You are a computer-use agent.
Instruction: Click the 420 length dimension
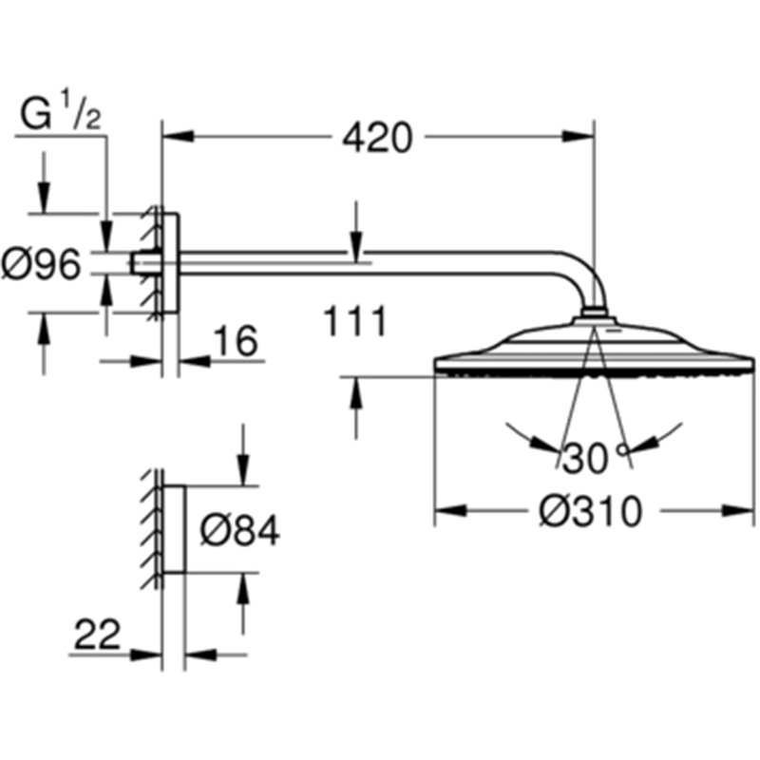point(377,138)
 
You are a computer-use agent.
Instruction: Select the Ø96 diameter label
point(41,264)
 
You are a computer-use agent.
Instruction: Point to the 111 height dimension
point(355,320)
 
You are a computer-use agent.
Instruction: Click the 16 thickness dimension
point(235,340)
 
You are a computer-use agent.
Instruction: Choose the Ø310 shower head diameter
point(590,511)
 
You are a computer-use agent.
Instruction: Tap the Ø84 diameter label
point(240,529)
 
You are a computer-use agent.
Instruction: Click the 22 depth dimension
point(97,634)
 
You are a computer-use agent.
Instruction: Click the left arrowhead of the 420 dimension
point(179,136)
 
